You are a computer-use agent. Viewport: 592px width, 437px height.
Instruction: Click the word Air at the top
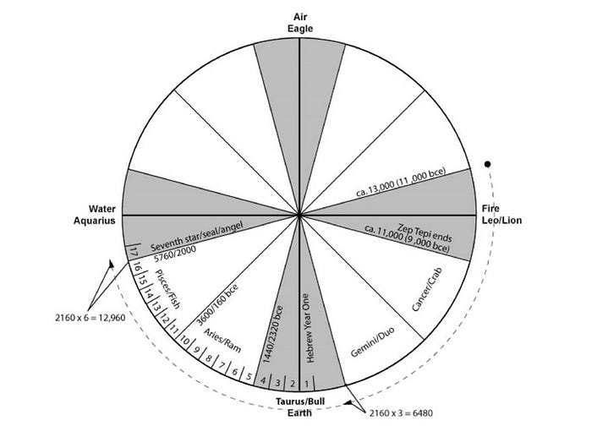click(299, 16)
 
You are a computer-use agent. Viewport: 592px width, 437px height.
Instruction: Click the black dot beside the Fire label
click(487, 163)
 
